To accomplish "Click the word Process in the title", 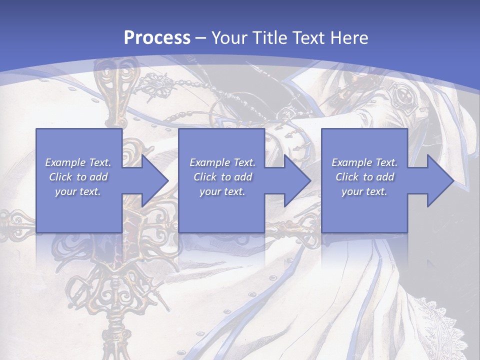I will coord(157,38).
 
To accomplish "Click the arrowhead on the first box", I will coord(152,180).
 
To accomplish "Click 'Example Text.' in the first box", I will coord(78,162).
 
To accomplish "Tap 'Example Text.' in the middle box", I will coord(222,162).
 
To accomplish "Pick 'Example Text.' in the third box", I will coord(364,162).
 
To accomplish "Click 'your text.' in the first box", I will coord(78,191).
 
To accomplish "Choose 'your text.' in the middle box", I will coord(222,191).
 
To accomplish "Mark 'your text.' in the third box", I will coord(364,191).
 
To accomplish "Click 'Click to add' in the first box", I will coord(78,177).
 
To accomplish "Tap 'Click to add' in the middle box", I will coord(222,177).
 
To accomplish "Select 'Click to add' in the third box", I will coord(364,177).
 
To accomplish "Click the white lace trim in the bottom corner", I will coord(450,320).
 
